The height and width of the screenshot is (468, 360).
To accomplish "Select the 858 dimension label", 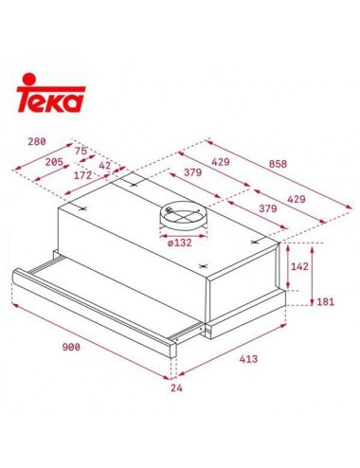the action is (x=278, y=164).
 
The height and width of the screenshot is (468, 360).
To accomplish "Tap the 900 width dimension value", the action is (x=71, y=347).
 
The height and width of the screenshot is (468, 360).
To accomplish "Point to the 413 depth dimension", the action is (x=248, y=359).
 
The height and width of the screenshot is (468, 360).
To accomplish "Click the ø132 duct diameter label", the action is (x=180, y=243).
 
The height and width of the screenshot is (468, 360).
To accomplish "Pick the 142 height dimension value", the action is (x=299, y=266).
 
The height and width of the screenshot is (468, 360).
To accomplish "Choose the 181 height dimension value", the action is (x=325, y=302).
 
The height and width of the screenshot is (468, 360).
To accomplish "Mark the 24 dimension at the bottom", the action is (x=176, y=388).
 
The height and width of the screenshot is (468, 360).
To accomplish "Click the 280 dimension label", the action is (x=37, y=141).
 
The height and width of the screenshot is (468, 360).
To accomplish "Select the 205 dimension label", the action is (x=54, y=162).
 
